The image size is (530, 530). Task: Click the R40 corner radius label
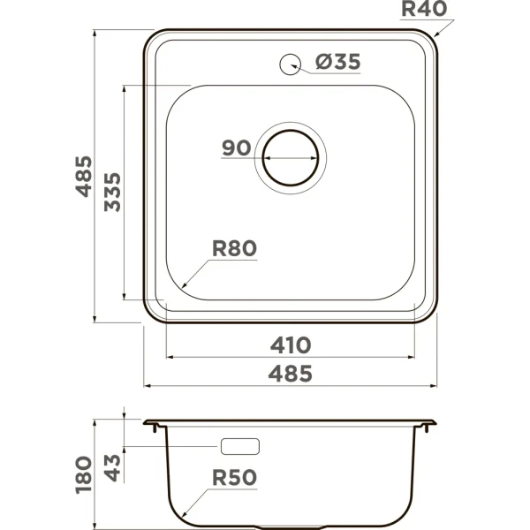424,9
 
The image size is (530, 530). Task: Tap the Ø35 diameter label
338,62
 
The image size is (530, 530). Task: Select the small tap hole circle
291,64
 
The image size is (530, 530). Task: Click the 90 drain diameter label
237,148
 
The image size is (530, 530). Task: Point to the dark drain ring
291,130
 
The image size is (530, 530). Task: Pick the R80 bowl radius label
234,248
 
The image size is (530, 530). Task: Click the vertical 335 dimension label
112,192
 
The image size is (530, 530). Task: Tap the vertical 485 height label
84,176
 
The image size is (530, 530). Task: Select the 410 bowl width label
291,345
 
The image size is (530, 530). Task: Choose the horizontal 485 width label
291,374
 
